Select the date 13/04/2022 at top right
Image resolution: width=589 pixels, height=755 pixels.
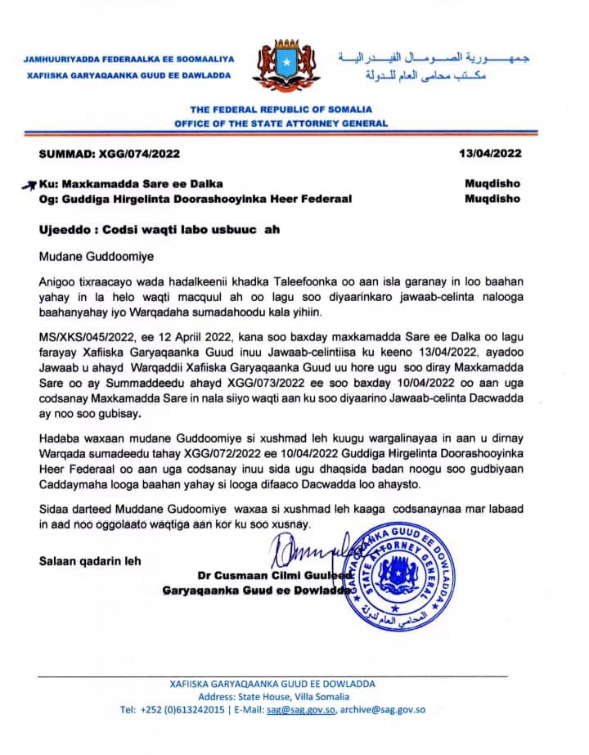[x=490, y=153]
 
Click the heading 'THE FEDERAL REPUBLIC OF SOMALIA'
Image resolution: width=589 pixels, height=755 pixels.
[x=281, y=110]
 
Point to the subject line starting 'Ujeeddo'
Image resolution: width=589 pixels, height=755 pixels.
[x=160, y=230]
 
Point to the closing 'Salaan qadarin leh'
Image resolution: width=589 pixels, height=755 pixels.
[x=90, y=561]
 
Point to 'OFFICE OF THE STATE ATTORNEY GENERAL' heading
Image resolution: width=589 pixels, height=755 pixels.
[x=281, y=124]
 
